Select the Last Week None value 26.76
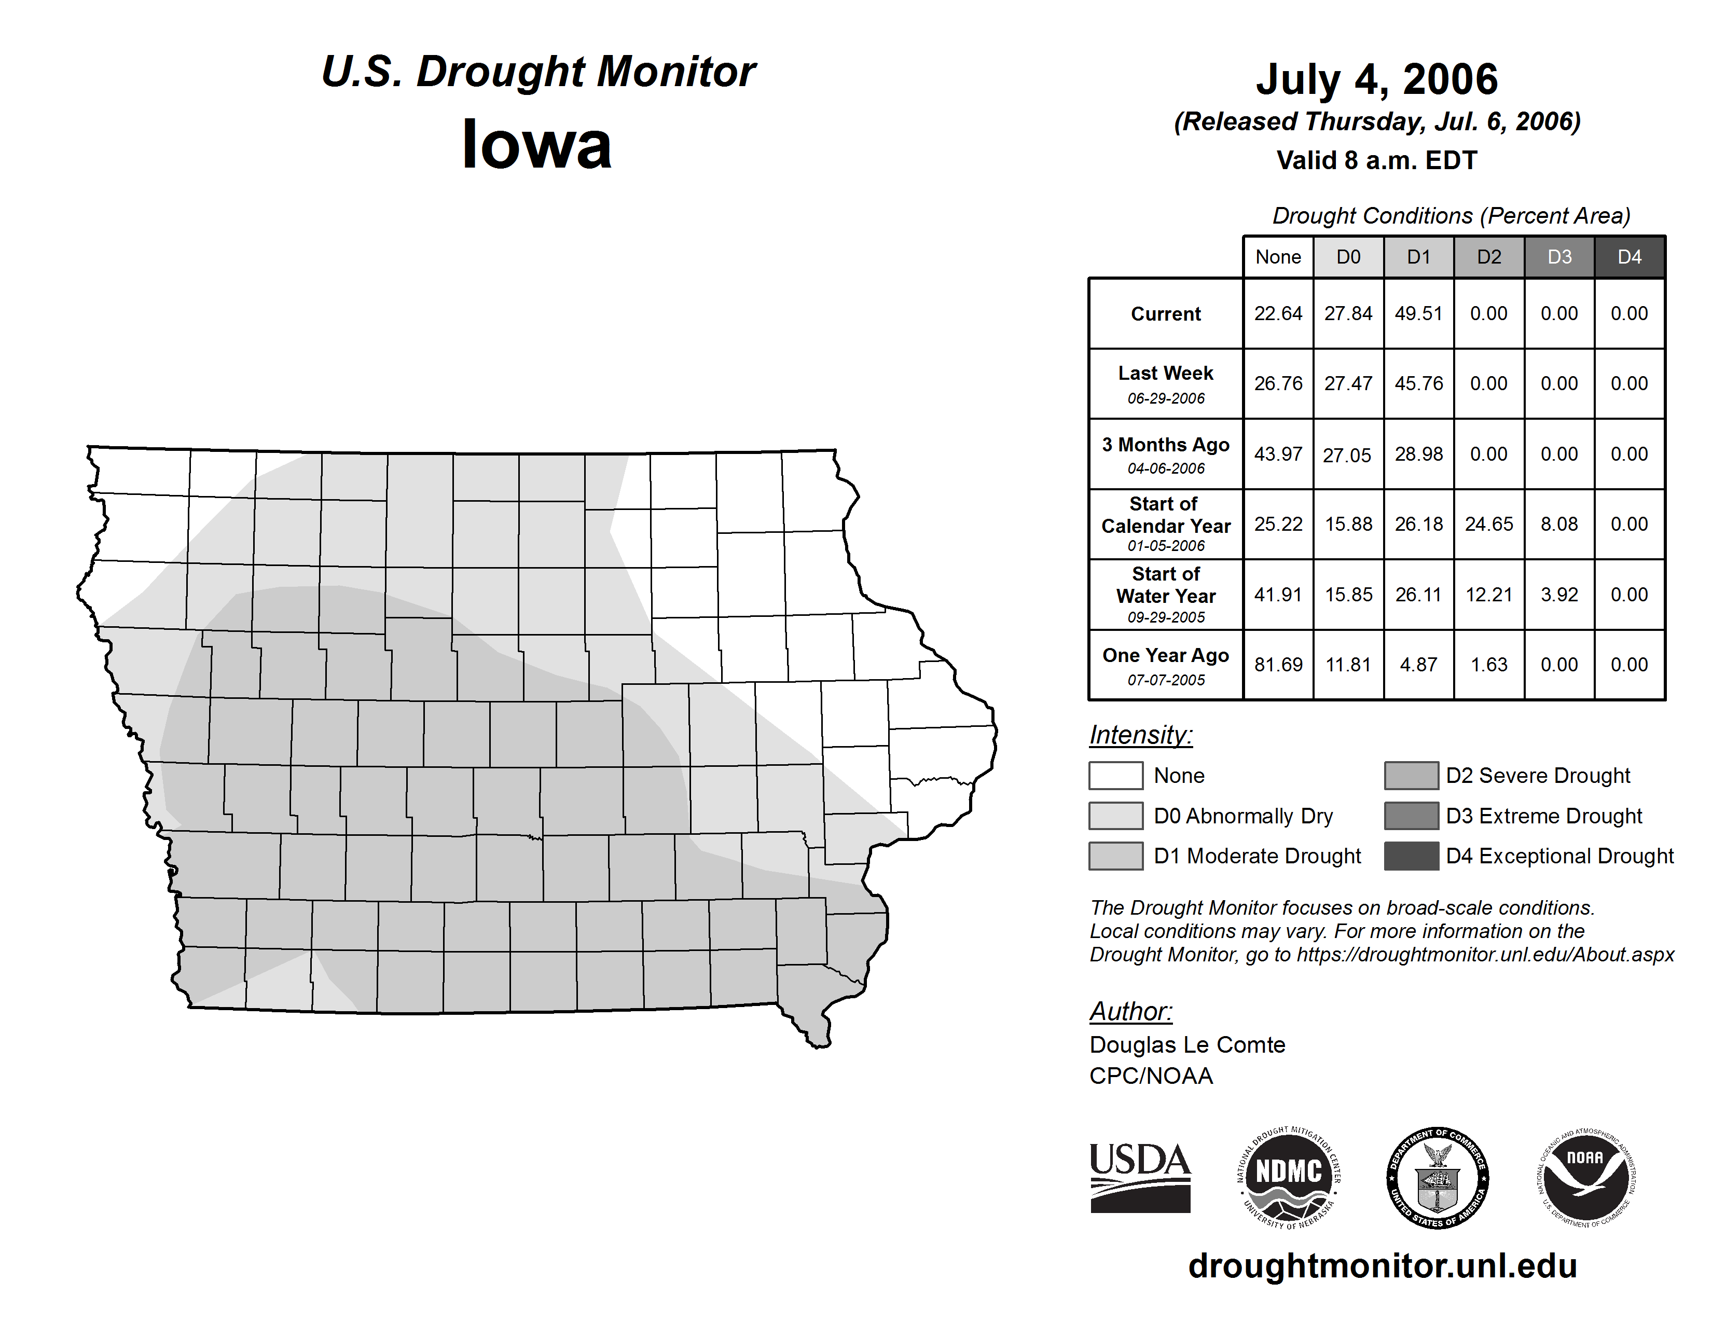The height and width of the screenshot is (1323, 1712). pyautogui.click(x=1278, y=383)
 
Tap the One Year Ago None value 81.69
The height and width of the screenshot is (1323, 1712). pyautogui.click(x=1278, y=665)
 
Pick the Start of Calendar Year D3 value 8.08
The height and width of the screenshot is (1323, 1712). pyautogui.click(x=1558, y=523)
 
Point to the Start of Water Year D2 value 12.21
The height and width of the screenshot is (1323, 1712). pyautogui.click(x=1488, y=594)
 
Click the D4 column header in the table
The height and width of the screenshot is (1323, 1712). pyautogui.click(x=1629, y=257)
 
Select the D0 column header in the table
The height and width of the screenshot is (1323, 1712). pyautogui.click(x=1348, y=257)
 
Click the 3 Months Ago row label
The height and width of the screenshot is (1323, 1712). pyautogui.click(x=1166, y=445)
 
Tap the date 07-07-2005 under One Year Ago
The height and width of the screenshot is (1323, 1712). pyautogui.click(x=1166, y=680)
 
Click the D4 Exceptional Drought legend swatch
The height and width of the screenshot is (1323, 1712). pyautogui.click(x=1411, y=856)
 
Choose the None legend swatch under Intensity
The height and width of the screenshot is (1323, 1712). pyautogui.click(x=1115, y=775)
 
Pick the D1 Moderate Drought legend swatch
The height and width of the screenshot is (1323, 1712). pyautogui.click(x=1115, y=856)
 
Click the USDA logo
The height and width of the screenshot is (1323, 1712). pyautogui.click(x=1140, y=1177)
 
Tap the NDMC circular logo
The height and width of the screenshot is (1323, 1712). pyautogui.click(x=1289, y=1177)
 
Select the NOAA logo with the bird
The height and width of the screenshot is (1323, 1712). pyautogui.click(x=1586, y=1177)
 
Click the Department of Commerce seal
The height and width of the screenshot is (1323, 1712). pyautogui.click(x=1438, y=1177)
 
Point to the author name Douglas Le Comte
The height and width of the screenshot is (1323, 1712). pyautogui.click(x=1187, y=1045)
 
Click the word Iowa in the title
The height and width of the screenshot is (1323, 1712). pyautogui.click(x=536, y=144)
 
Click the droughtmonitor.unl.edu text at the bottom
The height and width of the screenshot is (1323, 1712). pyautogui.click(x=1382, y=1266)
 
